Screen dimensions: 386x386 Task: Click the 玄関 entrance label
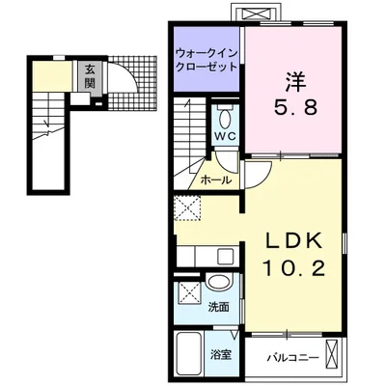(90, 76)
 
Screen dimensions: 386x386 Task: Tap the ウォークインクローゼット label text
(207, 60)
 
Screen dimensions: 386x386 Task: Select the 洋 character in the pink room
(295, 81)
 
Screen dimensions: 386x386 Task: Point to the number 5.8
(295, 107)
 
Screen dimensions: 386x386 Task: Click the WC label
(226, 135)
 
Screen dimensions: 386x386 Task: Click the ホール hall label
(216, 180)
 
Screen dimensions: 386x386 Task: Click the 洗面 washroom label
(218, 307)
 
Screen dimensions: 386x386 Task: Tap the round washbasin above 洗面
(220, 282)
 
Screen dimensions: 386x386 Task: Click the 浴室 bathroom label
(221, 355)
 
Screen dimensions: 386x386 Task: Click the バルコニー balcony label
(293, 357)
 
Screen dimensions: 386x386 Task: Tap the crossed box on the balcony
(333, 355)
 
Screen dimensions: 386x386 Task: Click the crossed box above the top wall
(256, 14)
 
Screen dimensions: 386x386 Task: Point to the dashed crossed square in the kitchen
(187, 208)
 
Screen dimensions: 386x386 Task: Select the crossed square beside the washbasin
(188, 292)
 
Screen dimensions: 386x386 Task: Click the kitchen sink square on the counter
(225, 257)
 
